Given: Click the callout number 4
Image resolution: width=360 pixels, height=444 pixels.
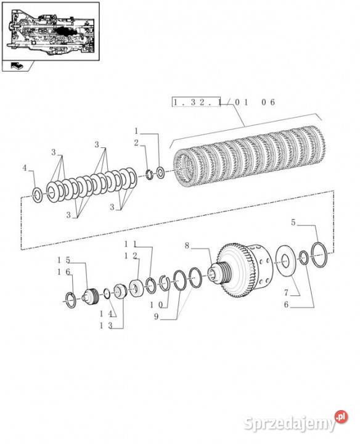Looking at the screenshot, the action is (x=25, y=168).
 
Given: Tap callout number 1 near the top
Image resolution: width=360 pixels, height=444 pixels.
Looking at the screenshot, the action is (x=136, y=131).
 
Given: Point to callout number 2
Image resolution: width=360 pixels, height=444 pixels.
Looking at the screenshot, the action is (x=136, y=143).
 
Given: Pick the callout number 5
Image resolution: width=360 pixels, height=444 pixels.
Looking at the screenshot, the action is (x=293, y=223).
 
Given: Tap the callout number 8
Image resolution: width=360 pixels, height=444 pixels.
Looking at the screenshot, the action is (x=187, y=245).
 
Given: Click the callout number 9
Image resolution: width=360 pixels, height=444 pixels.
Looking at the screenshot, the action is (x=156, y=316).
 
